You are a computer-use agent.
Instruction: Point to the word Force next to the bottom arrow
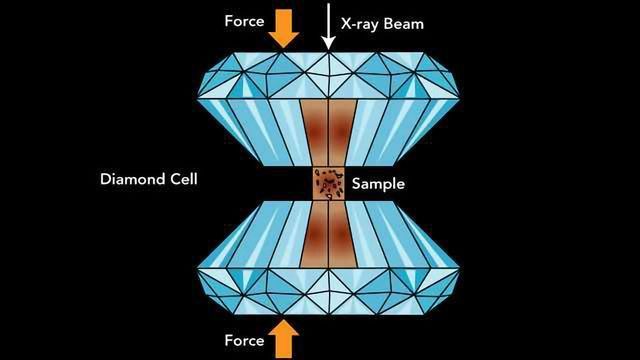pos(243,340)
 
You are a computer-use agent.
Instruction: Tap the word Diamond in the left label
pos(131,181)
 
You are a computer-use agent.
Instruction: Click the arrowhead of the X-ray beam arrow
pos(326,44)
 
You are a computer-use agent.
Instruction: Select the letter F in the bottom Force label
pos(227,340)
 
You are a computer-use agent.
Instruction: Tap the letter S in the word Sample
pos(356,183)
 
